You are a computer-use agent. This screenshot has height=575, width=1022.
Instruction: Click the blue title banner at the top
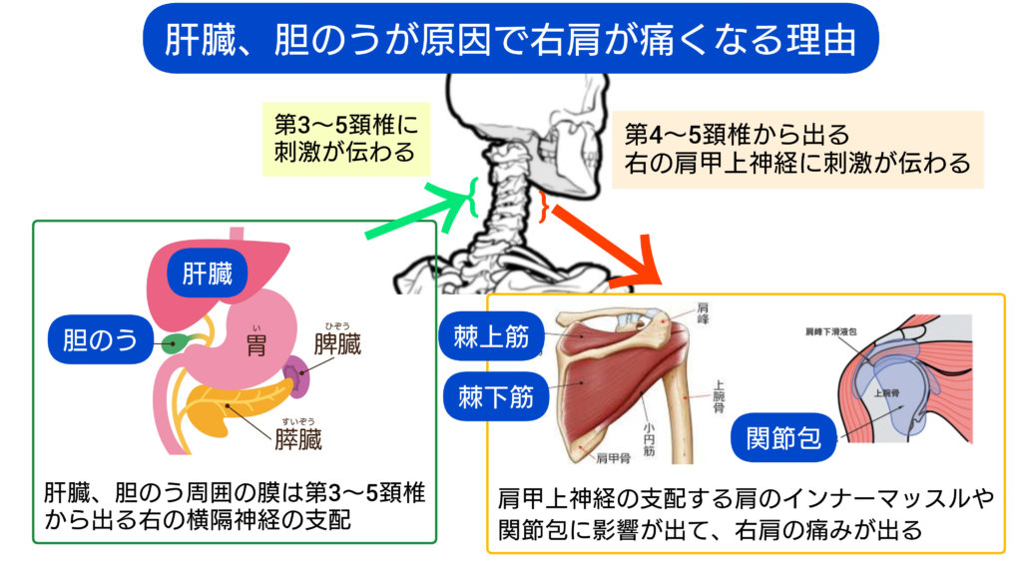click(x=510, y=38)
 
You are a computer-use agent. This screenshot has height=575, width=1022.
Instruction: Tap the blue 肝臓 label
click(x=207, y=274)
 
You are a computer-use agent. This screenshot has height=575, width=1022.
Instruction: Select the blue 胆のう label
click(x=99, y=341)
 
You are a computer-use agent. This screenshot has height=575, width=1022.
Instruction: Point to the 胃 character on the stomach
click(x=257, y=346)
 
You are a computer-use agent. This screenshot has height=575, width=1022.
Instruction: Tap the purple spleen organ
click(x=297, y=379)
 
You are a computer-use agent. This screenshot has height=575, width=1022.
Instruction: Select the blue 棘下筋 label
click(x=494, y=397)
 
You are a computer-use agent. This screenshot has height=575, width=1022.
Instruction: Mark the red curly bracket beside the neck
click(x=543, y=207)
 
